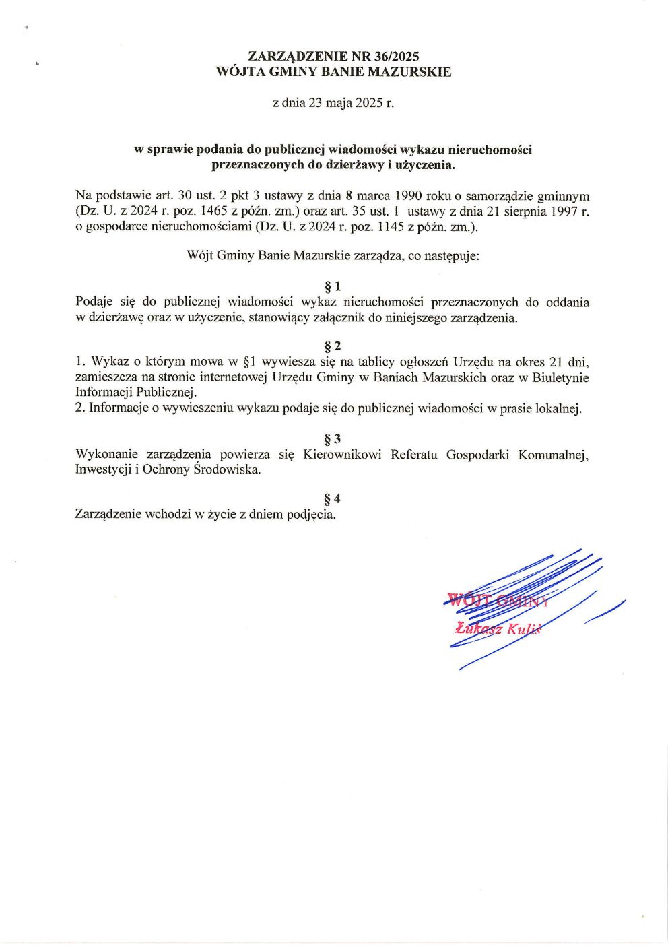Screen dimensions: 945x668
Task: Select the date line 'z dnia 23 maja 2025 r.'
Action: pos(333,103)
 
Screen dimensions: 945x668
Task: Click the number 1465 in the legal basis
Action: pos(214,211)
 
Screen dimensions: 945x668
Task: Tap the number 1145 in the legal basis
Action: pos(391,227)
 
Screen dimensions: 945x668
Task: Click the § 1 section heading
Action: pos(333,287)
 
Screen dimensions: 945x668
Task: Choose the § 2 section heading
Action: pos(333,346)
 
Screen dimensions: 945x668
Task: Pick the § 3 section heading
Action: pos(333,439)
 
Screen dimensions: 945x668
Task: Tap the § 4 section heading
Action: pos(333,498)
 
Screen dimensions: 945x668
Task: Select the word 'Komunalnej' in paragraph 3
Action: pos(553,455)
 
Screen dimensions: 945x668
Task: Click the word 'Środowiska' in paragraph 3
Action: pos(226,469)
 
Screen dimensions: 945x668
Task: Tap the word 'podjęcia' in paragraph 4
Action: pos(310,515)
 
